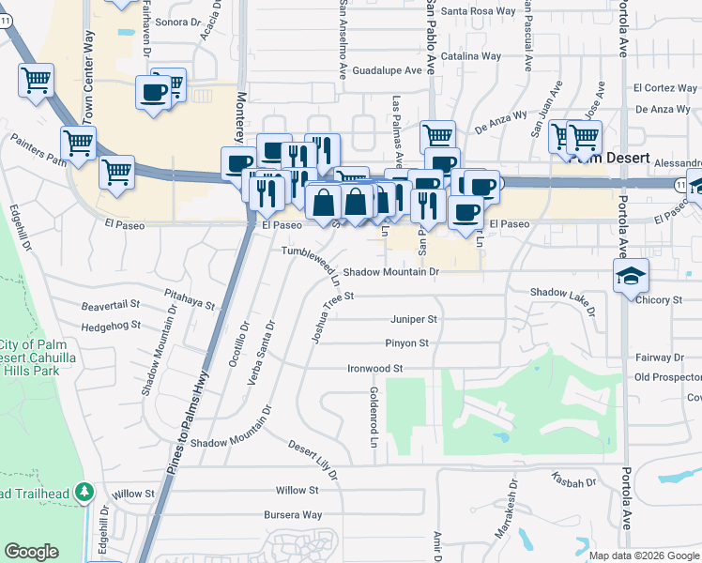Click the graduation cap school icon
(x=632, y=276)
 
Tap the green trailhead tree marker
(x=85, y=492)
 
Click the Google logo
(x=31, y=552)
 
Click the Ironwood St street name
(x=374, y=369)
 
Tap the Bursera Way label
(x=293, y=515)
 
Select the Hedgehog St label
(x=111, y=326)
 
